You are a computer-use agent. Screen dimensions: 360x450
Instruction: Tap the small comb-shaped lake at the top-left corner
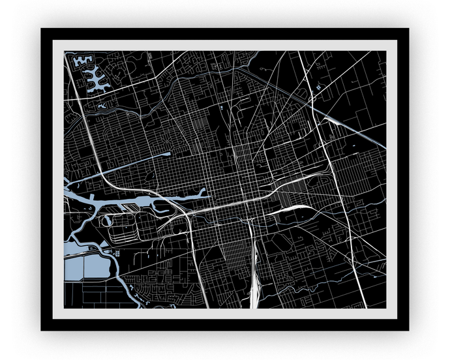pos(82,61)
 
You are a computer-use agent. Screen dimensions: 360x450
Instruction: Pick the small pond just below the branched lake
pos(102,104)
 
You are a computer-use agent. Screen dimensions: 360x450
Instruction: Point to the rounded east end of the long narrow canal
pos(168,154)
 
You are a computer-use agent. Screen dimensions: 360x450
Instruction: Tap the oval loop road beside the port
pos(107,222)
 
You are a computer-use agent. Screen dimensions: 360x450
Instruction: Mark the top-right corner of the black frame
pos(407,30)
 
